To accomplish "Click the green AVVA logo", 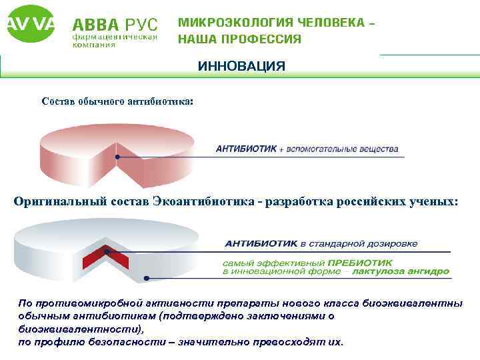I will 30,25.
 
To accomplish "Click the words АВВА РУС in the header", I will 115,25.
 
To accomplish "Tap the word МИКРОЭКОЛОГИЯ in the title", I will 237,23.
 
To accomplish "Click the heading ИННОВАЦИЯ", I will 241,66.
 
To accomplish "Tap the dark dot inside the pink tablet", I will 117,157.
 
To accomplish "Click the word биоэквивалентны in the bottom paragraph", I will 412,303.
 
